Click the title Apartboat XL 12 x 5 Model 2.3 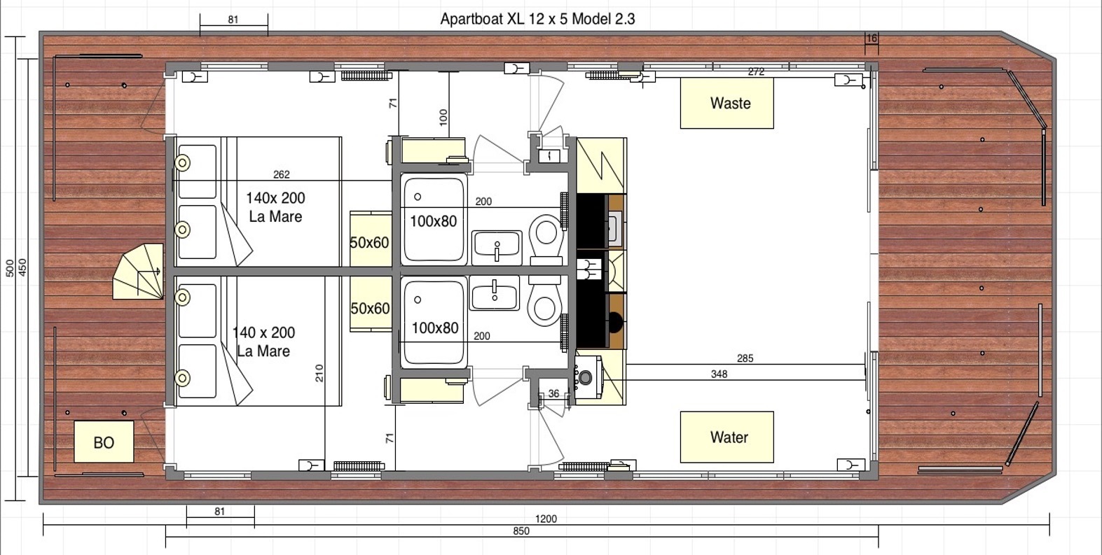[537, 19]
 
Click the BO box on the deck [104, 442]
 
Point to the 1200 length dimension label [546, 519]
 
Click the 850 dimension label [521, 531]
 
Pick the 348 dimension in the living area [719, 374]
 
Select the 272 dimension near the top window [756, 72]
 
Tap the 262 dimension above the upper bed [281, 174]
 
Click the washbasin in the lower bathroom [494, 293]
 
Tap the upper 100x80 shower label [433, 221]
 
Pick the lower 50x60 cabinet [370, 308]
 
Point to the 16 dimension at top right [872, 39]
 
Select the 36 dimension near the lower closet [553, 393]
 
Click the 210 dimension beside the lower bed [319, 372]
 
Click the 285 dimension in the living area [745, 358]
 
